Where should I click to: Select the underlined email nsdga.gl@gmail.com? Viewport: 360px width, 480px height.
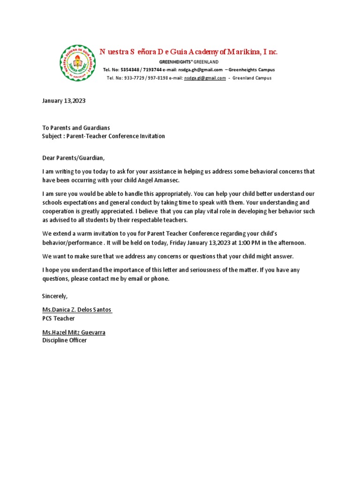(x=205, y=78)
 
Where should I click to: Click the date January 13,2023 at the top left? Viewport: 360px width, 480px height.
(x=64, y=101)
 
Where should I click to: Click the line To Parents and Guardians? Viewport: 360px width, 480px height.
(x=76, y=127)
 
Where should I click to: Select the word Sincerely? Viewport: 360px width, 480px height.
(x=55, y=296)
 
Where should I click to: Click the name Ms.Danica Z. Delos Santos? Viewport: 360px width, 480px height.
(x=77, y=310)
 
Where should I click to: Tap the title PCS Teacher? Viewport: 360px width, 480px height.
(x=59, y=318)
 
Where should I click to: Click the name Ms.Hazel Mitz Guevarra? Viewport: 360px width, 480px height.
(x=74, y=332)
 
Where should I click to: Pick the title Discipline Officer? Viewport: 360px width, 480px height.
(x=65, y=340)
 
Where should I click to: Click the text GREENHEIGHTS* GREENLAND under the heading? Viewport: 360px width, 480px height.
(x=188, y=62)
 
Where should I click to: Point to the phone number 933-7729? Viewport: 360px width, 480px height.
(x=134, y=78)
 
